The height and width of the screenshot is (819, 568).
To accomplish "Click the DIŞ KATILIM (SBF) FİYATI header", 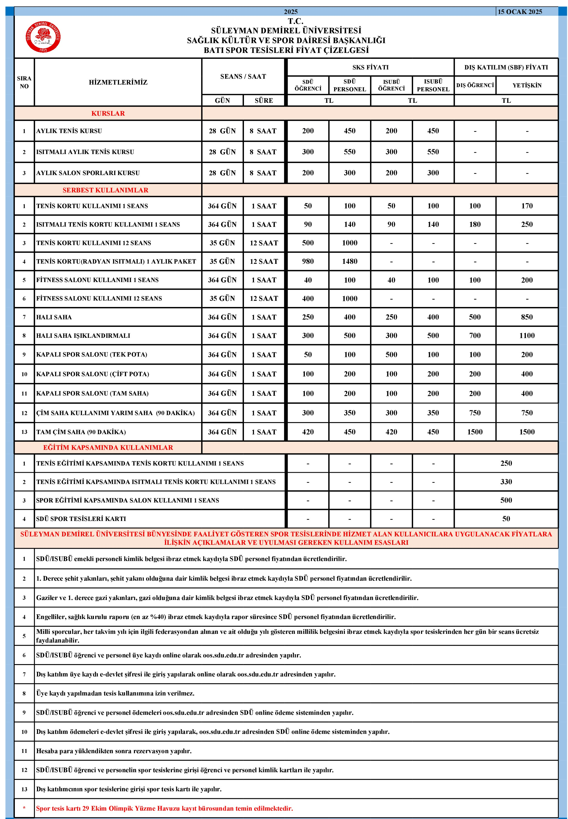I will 506,67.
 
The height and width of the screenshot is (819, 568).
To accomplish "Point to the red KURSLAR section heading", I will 108,113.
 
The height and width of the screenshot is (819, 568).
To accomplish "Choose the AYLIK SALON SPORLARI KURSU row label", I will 88,173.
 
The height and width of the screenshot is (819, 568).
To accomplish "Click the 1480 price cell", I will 350,261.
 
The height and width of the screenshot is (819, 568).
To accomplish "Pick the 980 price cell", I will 308,261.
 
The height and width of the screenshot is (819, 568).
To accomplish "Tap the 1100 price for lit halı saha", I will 527,335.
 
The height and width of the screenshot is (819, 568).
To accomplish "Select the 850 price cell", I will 527,317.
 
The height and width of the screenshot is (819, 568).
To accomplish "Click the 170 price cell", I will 527,206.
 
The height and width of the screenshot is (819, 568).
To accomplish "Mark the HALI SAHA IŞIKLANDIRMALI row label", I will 83,336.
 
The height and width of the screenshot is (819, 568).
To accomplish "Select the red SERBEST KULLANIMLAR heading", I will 105,190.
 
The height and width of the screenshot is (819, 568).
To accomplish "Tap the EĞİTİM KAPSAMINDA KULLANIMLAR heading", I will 108,447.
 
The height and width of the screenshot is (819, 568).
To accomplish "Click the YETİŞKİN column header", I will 527,85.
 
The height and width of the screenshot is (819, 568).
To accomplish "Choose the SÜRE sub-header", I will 264,100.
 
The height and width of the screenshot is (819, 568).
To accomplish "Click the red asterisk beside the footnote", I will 24,808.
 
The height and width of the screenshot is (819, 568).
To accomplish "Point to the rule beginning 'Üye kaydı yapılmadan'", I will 115,693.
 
